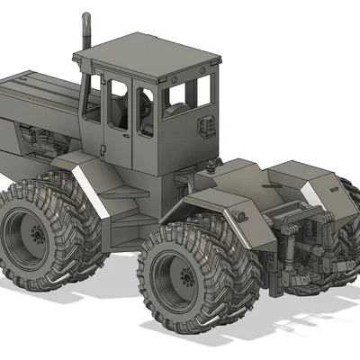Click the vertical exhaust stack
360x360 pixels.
tap(86, 36)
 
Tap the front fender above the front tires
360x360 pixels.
tap(86, 175)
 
